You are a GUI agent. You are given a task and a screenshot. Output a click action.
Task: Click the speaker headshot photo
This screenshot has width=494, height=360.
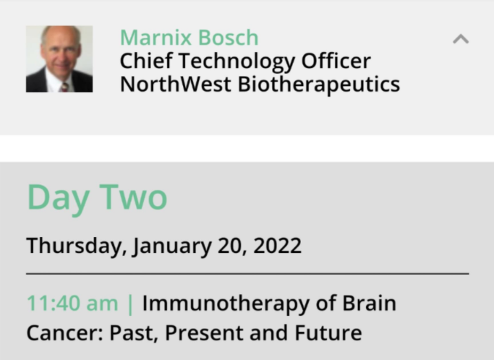59,59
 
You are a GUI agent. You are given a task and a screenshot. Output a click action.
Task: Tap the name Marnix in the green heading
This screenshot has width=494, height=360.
156,38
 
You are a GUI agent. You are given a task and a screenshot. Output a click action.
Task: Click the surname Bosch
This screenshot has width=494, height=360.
229,38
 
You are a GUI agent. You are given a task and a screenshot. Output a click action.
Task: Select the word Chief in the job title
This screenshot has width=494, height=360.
146,61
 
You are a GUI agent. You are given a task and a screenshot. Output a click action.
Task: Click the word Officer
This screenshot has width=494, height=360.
336,61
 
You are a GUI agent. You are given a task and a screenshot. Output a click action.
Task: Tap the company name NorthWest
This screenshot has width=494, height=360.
176,84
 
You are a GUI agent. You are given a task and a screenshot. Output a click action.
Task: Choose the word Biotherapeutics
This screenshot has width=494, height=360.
319,85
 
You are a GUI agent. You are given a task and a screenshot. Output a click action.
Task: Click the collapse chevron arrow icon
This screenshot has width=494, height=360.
461,39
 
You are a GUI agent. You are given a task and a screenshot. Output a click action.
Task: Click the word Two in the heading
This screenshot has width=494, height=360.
133,197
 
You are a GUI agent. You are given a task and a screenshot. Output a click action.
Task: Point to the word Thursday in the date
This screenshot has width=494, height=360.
77,246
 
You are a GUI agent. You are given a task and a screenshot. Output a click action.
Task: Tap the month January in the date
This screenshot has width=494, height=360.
172,247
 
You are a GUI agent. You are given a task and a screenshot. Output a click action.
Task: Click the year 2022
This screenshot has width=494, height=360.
277,246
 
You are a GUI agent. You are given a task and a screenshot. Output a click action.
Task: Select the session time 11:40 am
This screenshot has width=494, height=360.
73,304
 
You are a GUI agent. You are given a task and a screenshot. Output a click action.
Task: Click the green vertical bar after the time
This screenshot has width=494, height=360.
130,304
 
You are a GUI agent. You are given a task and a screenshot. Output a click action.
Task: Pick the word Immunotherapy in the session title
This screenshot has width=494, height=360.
226,304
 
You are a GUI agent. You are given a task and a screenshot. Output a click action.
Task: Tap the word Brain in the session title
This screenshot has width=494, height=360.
370,303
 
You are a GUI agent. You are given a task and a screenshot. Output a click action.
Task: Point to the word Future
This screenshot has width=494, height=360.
328,333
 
